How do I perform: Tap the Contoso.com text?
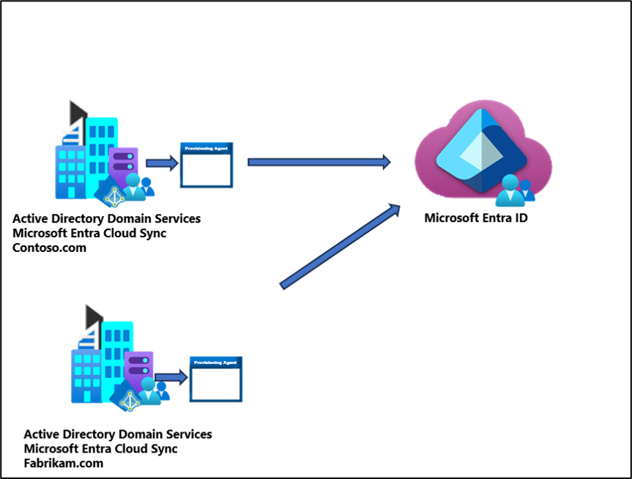[49, 248]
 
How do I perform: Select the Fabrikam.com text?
[64, 463]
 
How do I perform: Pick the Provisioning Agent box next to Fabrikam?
[216, 379]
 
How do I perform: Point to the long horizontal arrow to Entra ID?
[319, 162]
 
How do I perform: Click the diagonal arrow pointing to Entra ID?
[341, 246]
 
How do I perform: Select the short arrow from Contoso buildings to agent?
[162, 163]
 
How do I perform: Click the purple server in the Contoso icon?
[122, 160]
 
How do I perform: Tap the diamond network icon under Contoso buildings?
[113, 193]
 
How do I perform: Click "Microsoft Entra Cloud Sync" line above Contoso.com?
[89, 233]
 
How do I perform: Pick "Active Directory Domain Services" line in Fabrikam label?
[118, 434]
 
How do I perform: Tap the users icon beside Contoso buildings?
[138, 187]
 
